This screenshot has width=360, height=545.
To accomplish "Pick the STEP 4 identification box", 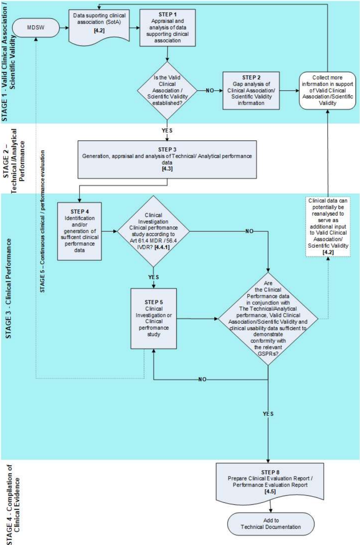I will pyautogui.click(x=79, y=230).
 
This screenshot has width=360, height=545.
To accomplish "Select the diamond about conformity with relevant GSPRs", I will pyautogui.click(x=268, y=318).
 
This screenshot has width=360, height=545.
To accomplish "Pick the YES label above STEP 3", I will pyautogui.click(x=167, y=131).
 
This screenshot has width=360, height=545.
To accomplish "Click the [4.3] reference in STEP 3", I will pyautogui.click(x=166, y=168).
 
